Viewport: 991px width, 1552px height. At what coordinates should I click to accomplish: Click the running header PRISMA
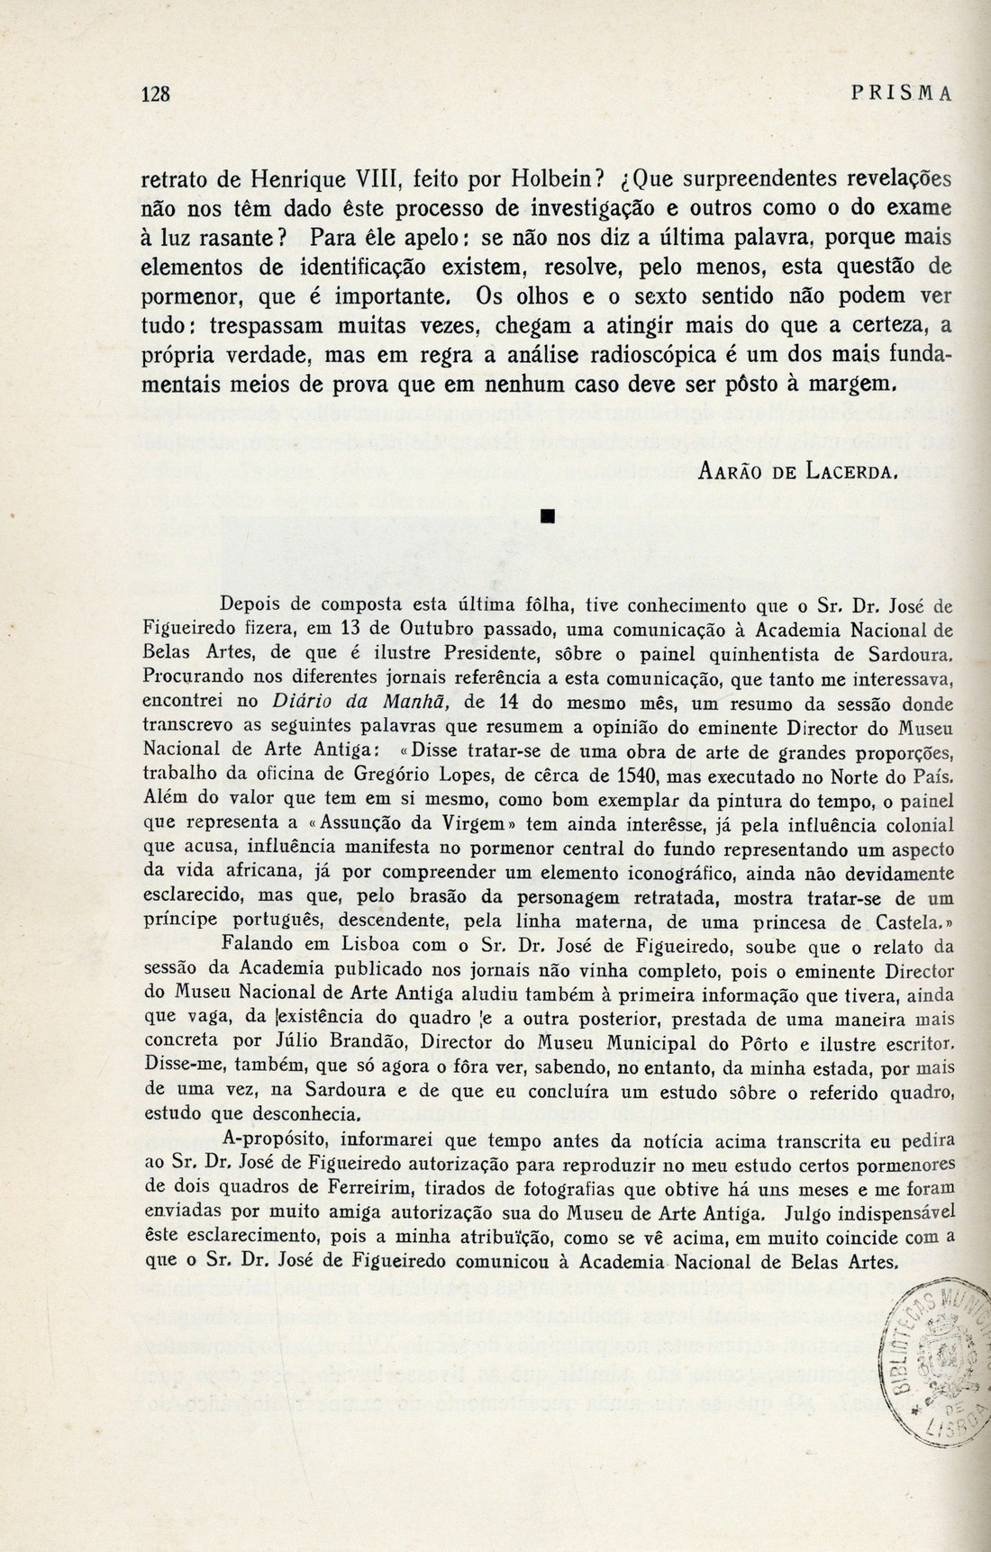pyautogui.click(x=895, y=94)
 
